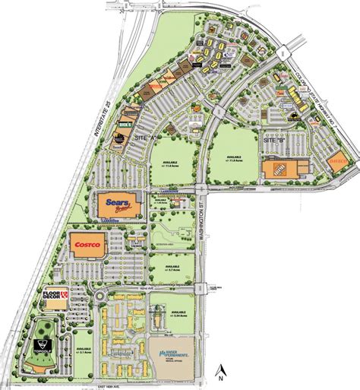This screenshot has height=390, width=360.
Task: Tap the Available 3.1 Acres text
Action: click(x=85, y=350)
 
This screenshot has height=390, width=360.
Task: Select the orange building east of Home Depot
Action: click(x=338, y=161)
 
